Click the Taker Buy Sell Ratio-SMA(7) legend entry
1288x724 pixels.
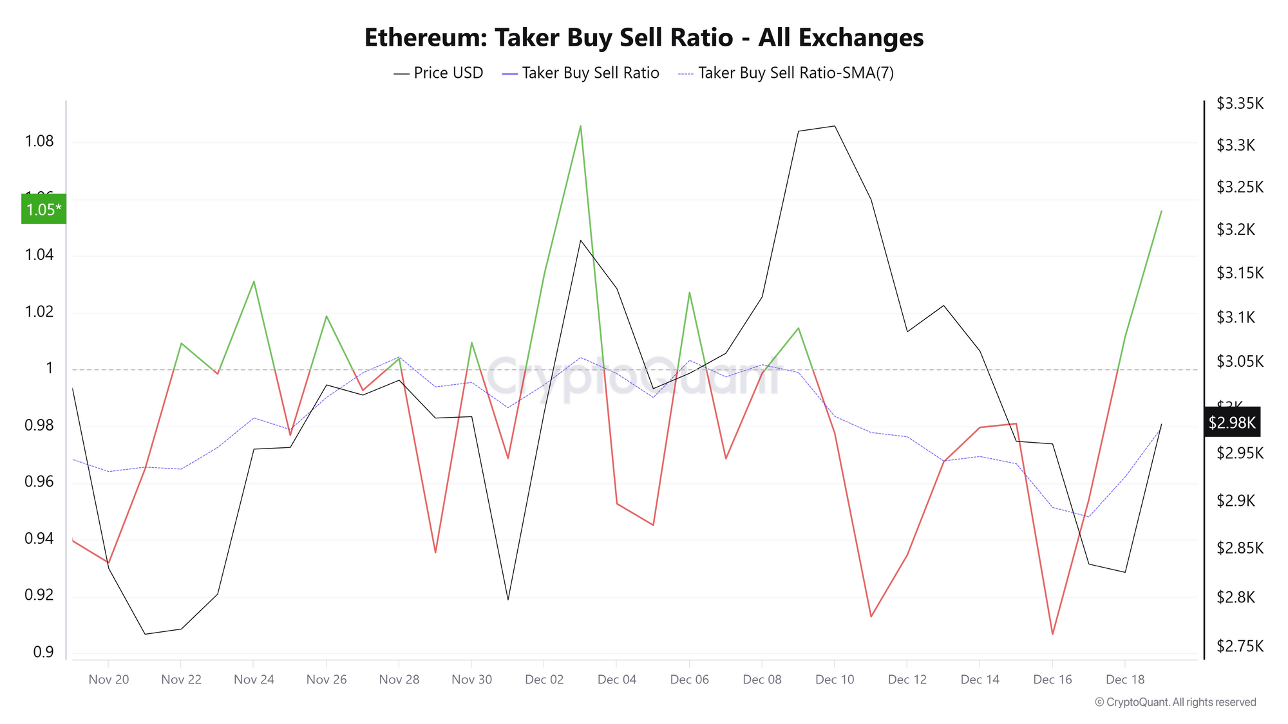(786, 73)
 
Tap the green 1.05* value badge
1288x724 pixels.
(44, 209)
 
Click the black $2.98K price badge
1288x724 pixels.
(1231, 423)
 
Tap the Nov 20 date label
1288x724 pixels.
(109, 680)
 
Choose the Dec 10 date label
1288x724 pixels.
(835, 680)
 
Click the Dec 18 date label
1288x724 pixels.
(1125, 680)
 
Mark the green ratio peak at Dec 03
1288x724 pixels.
(580, 126)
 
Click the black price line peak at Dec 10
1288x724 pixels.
(835, 126)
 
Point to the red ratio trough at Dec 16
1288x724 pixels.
(1052, 635)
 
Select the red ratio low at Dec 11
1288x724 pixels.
(871, 617)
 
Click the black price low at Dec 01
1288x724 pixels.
(508, 600)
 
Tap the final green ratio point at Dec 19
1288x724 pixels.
(1161, 211)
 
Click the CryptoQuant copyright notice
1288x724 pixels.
(1175, 702)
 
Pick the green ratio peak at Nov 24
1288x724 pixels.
(254, 281)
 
